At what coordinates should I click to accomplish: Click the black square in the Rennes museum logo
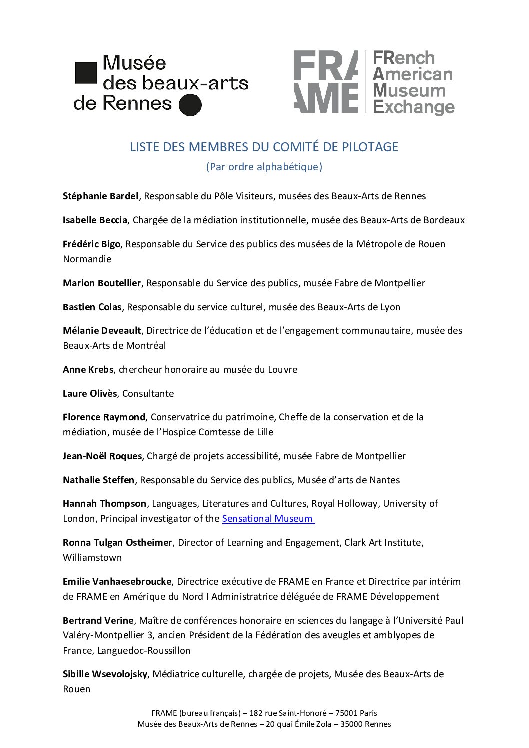pyautogui.click(x=86, y=73)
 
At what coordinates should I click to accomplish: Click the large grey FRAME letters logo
pyautogui.click(x=326, y=82)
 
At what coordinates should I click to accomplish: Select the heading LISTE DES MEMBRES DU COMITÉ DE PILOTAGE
pyautogui.click(x=264, y=147)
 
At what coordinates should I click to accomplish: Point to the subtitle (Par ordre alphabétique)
pyautogui.click(x=264, y=167)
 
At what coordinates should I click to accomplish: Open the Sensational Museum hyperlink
pyautogui.click(x=268, y=519)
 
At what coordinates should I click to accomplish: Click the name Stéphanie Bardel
pyautogui.click(x=100, y=196)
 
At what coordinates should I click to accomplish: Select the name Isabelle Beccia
pyautogui.click(x=95, y=220)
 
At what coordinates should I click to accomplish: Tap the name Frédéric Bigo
pyautogui.click(x=91, y=244)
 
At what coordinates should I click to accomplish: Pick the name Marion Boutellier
pyautogui.click(x=102, y=283)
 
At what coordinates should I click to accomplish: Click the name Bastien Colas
pyautogui.click(x=92, y=307)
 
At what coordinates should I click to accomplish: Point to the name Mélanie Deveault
pyautogui.click(x=102, y=331)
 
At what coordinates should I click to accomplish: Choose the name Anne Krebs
pyautogui.click(x=88, y=370)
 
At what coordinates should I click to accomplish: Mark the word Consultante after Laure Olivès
pyautogui.click(x=148, y=394)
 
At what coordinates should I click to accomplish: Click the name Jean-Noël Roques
pyautogui.click(x=102, y=456)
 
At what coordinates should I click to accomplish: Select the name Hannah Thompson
pyautogui.click(x=104, y=504)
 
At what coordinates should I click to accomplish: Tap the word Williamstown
pyautogui.click(x=92, y=558)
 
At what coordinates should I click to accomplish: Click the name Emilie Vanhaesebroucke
pyautogui.click(x=117, y=582)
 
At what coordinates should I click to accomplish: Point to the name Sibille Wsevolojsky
pyautogui.click(x=105, y=674)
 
